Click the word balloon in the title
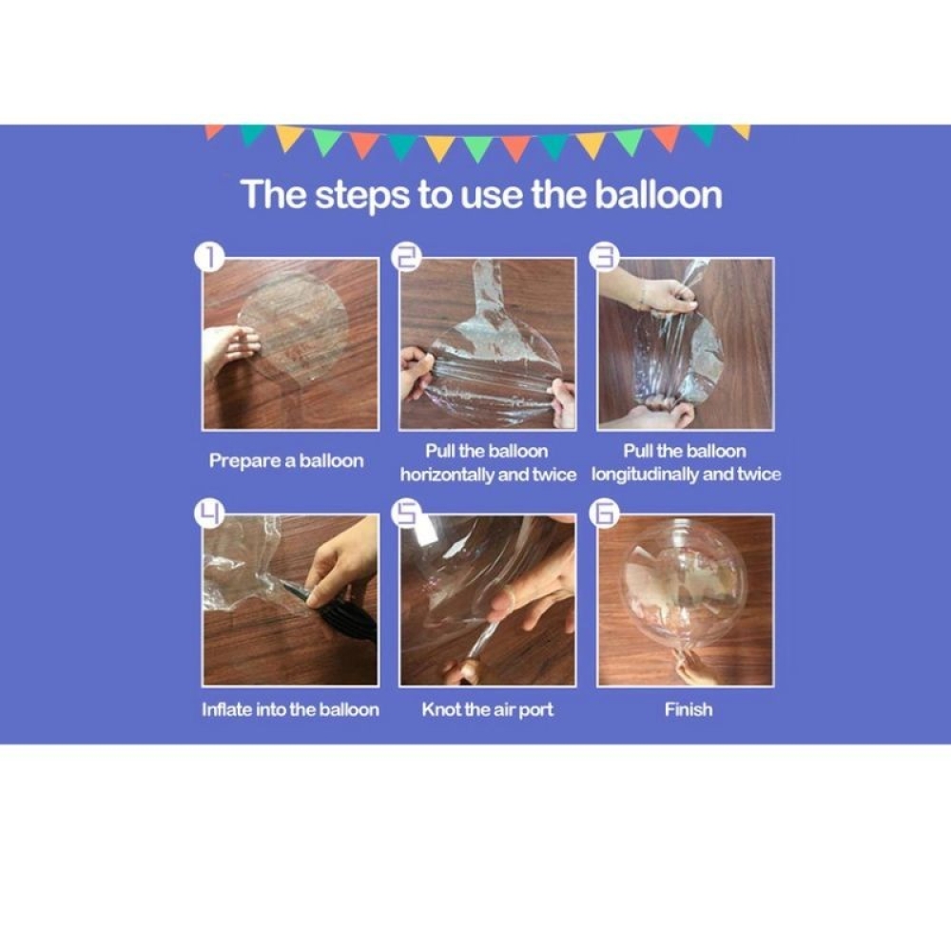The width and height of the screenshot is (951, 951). (658, 194)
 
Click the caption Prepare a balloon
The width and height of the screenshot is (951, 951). (286, 461)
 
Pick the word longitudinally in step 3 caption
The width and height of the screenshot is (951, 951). (650, 475)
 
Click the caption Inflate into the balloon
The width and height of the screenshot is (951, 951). (290, 709)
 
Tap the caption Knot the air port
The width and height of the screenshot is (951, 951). (487, 709)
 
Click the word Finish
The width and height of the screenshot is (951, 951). (688, 709)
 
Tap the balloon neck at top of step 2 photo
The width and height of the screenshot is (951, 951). (486, 285)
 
